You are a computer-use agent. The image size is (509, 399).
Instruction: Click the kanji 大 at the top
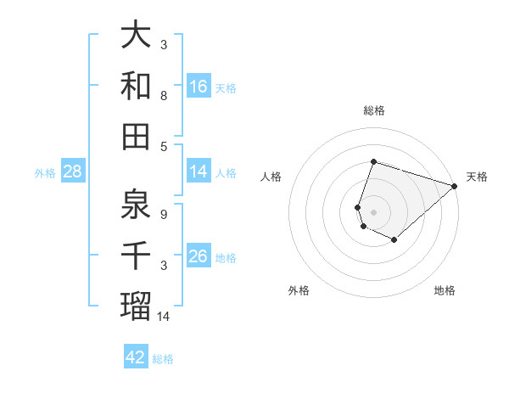[x=137, y=36]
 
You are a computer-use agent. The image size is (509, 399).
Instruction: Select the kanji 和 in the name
[x=137, y=86]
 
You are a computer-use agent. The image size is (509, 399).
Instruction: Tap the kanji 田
[x=137, y=135]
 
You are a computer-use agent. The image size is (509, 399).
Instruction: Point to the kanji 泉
[x=137, y=204]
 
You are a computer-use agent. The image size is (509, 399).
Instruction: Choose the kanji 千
[x=137, y=256]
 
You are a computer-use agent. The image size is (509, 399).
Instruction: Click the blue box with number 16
[x=199, y=86]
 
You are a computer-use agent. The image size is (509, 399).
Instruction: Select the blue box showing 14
[x=199, y=171]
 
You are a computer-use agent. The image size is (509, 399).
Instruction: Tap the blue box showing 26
[x=199, y=256]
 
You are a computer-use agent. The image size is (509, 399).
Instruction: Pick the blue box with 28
[x=73, y=171]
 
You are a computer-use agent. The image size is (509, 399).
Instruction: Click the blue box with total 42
[x=136, y=357]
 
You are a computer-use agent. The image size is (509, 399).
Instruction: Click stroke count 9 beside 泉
[x=163, y=214]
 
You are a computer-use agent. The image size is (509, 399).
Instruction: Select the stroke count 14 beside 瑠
[x=165, y=316]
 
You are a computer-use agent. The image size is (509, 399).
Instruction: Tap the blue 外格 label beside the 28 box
[x=45, y=172]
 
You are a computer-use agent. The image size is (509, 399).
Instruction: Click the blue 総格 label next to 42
[x=163, y=358]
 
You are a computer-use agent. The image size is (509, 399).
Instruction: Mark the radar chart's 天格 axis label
[x=477, y=177]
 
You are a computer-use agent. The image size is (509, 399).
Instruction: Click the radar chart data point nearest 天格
[x=456, y=186]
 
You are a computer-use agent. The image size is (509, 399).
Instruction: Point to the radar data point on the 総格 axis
[x=373, y=162]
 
